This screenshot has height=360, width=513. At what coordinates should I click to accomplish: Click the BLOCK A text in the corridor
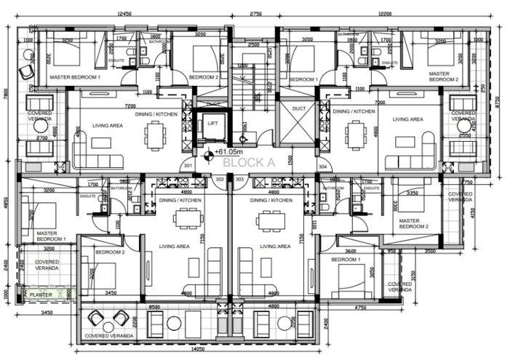[248, 163]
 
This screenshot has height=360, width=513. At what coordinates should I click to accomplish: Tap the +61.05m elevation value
[228, 152]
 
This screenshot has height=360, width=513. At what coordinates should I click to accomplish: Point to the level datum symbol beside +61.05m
[210, 153]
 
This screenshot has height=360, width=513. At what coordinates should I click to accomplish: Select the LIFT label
[212, 124]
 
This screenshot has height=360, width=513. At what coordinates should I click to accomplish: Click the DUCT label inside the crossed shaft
[299, 108]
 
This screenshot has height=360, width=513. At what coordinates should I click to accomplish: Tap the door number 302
[220, 180]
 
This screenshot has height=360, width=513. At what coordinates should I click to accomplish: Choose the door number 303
[241, 180]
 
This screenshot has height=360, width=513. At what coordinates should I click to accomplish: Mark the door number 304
[322, 166]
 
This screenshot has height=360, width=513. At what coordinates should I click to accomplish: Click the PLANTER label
[41, 295]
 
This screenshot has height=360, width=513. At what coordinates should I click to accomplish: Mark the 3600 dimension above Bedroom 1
[350, 252]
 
